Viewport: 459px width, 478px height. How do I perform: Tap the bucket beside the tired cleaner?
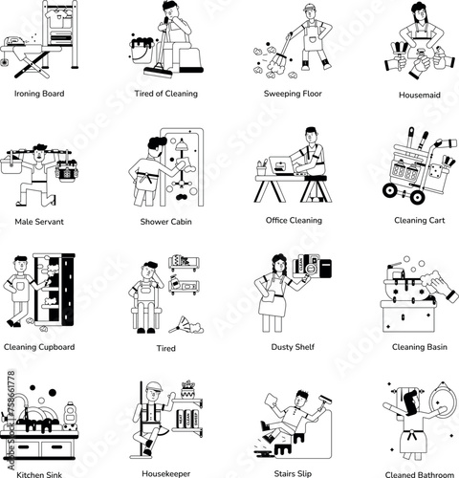coord(142,51)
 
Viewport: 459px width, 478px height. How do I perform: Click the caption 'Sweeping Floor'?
coord(293,94)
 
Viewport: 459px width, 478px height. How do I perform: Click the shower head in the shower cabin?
coord(182,145)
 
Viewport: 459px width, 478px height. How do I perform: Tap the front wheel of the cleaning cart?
coord(417,197)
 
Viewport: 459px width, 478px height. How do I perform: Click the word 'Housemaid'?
coord(420,95)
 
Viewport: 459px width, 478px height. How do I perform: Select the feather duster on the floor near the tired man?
coord(186,325)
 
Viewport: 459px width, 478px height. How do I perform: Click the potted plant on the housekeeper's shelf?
coord(188,389)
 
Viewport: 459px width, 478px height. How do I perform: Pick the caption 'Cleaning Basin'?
coord(420,347)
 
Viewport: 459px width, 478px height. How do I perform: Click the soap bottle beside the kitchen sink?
coord(69,415)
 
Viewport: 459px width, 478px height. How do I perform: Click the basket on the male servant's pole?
coord(11,164)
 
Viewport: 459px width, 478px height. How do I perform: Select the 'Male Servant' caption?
coord(39,222)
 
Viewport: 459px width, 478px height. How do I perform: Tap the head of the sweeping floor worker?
coord(309,11)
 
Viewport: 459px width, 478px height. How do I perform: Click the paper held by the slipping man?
coord(272,400)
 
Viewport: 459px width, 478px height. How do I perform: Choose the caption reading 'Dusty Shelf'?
coord(293,347)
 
